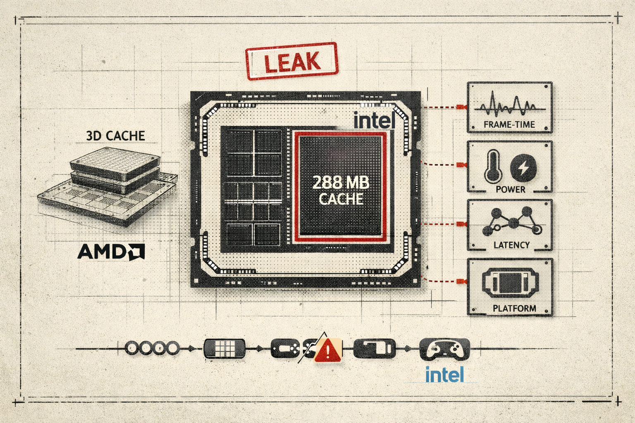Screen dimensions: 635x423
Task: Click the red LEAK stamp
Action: [x=292, y=61]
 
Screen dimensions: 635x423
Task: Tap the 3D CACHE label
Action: [x=115, y=136]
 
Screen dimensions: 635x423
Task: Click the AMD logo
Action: [x=111, y=252]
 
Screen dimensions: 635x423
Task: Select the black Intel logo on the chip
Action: [x=375, y=120]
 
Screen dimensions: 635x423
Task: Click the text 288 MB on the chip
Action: [x=341, y=183]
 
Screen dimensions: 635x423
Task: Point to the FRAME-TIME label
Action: [x=509, y=124]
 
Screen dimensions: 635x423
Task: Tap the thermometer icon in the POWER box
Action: [x=493, y=167]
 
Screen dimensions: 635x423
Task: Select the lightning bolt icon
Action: [x=523, y=168]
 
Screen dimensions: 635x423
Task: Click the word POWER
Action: [x=510, y=189]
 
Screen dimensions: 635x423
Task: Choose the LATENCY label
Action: [x=512, y=245]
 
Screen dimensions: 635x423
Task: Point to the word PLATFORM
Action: [x=515, y=308]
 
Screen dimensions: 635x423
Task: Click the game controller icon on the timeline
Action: [x=444, y=349]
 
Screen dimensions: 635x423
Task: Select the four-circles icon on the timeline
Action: [x=153, y=348]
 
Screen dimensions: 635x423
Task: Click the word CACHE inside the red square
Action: [x=341, y=199]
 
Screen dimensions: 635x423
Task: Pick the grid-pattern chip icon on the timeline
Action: [x=224, y=349]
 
